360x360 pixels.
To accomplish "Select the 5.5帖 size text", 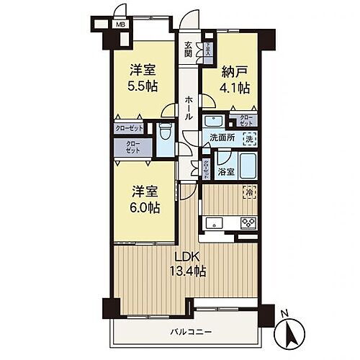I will coord(143,86).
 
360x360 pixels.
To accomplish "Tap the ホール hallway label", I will coord(188,107).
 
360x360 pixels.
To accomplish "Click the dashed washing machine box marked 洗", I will coord(248,138).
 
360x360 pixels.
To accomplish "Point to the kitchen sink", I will coord(214,222).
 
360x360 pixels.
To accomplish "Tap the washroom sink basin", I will coord(214,121).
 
